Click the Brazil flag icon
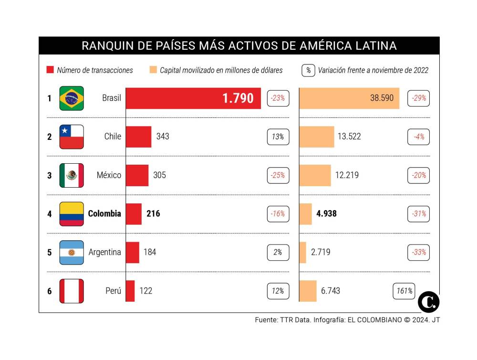pos(72,98)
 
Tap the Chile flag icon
pos(72,137)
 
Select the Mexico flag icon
pos(72,175)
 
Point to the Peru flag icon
pos(72,291)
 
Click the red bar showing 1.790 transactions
pos(193,98)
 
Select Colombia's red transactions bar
pos(134,214)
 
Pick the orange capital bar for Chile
pos(317,137)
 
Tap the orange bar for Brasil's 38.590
pos(349,98)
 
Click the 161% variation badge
pos(404,291)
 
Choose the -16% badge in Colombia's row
pos(278,214)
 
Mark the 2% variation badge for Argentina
pos(278,252)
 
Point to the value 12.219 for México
pos(347,175)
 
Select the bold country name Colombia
pos(104,214)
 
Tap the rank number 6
pos(49,291)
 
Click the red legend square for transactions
pos(49,70)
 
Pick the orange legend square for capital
pos(153,70)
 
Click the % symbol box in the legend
pos(308,70)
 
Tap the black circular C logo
pos(428,302)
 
